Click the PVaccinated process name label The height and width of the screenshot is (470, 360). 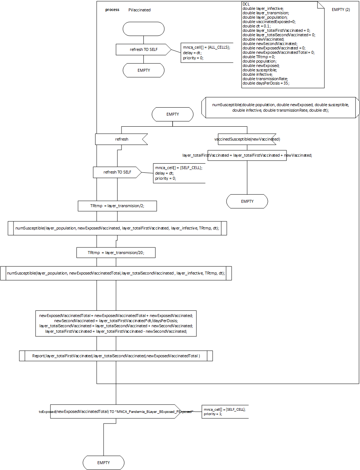point(139,10)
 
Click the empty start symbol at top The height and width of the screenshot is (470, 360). point(143,29)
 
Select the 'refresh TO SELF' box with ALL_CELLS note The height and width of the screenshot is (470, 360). point(143,49)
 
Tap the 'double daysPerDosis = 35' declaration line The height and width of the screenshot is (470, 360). point(266,83)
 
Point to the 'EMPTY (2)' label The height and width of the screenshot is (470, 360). point(341,10)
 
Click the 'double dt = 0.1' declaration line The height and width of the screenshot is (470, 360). point(256,26)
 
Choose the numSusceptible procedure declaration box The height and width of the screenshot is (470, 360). point(280,108)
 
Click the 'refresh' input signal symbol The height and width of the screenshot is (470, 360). point(121,139)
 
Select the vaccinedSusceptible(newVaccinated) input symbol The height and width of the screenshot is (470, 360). point(247,139)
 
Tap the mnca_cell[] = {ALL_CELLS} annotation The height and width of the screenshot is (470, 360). point(207,48)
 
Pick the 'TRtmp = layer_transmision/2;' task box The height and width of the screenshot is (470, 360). point(117,206)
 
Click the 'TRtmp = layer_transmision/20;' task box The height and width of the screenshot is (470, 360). point(116,253)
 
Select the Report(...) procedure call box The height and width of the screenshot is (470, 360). point(116,356)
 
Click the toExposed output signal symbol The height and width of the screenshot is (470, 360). point(116,411)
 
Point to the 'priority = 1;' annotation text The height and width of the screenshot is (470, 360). point(213,414)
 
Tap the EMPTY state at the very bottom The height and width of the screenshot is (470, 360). point(104,463)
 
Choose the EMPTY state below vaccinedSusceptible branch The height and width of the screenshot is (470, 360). point(247,201)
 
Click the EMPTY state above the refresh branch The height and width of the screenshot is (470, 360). point(173,114)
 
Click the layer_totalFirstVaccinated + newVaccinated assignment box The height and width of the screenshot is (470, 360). point(247,156)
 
